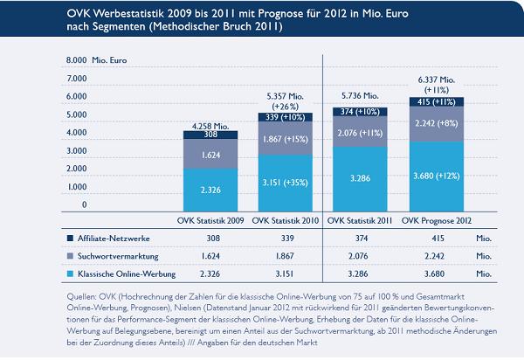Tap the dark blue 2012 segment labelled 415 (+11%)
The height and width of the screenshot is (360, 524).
[438, 102]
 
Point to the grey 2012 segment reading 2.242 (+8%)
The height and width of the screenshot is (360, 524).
[438, 124]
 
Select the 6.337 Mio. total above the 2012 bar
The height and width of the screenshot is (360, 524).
[438, 79]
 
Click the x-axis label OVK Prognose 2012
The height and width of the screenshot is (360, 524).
[438, 218]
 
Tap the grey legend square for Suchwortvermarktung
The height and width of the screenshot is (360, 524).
[69, 256]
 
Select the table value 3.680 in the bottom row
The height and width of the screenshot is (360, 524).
[437, 274]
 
